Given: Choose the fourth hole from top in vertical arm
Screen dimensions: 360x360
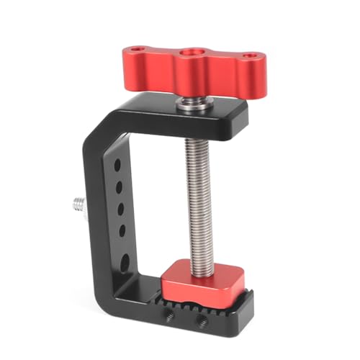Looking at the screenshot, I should point(121,231).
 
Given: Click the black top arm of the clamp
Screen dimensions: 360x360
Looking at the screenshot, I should point(216,115).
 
